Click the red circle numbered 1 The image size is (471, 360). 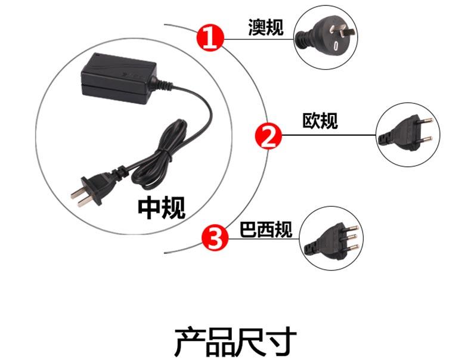click(210, 38)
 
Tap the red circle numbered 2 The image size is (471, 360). click(268, 136)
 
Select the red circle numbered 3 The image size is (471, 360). click(215, 238)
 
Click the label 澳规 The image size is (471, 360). click(266, 27)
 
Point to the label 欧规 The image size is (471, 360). click(320, 121)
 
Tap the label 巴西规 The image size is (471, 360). click(266, 229)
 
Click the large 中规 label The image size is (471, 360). click(162, 208)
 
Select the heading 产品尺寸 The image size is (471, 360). click(235, 342)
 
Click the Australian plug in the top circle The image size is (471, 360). click(326, 38)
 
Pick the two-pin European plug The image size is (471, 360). click(405, 134)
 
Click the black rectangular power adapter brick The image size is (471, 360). click(119, 78)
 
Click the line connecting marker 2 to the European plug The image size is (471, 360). click(329, 135)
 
